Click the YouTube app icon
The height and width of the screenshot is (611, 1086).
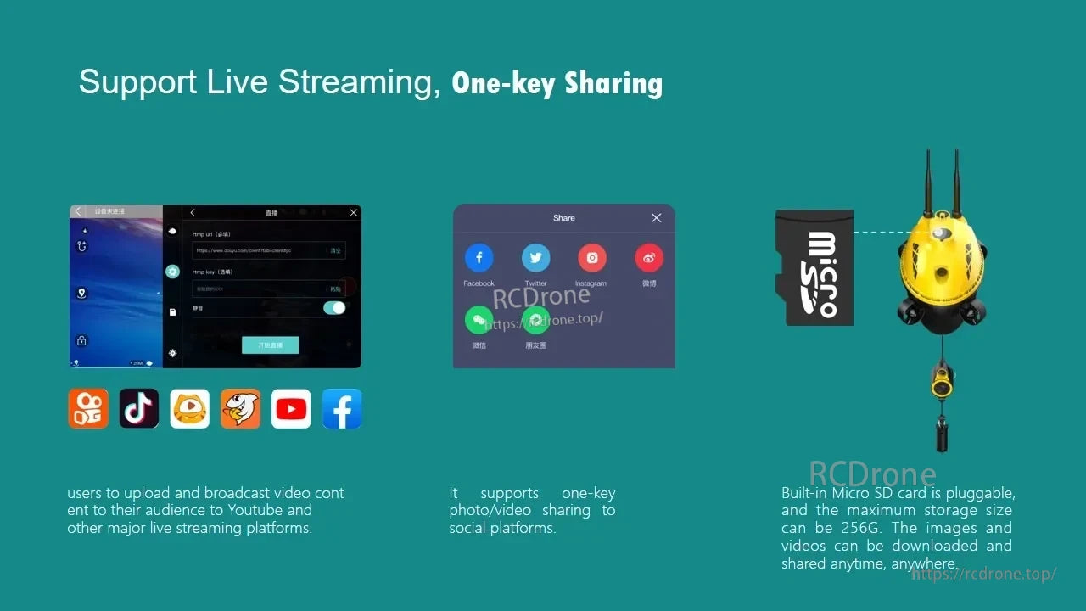tap(291, 409)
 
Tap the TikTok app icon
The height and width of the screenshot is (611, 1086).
tap(139, 409)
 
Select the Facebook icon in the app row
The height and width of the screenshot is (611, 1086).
tap(342, 409)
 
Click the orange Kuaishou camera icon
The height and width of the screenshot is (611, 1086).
tap(88, 409)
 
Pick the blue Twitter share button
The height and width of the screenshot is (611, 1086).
tap(535, 258)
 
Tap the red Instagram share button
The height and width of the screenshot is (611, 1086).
tap(591, 258)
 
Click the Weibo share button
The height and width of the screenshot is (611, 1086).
tap(649, 258)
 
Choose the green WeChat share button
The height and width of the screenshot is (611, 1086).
tap(479, 320)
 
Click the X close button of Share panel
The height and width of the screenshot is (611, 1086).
tap(656, 218)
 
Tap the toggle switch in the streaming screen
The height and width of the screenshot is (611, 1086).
tap(334, 308)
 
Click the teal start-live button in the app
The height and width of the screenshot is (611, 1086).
tap(270, 345)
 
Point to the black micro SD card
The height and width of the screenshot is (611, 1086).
tap(814, 267)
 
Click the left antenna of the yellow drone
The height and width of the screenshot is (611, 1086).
tap(927, 182)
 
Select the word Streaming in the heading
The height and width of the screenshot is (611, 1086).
tap(359, 82)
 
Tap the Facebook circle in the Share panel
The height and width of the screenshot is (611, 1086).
tap(479, 258)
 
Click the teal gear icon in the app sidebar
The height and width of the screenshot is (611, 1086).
tap(173, 272)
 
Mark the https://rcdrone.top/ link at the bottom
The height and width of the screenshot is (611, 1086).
tap(984, 575)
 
